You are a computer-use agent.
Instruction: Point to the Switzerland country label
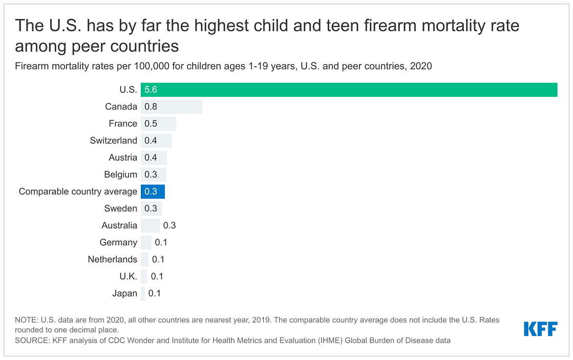click(114, 140)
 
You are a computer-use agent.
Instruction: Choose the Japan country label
click(125, 293)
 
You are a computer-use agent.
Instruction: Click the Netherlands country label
click(113, 259)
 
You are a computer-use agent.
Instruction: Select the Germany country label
click(119, 242)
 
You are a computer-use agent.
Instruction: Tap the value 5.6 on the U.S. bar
click(151, 90)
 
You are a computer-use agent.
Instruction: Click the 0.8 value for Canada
click(151, 107)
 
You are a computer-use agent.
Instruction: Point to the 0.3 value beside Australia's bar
click(169, 225)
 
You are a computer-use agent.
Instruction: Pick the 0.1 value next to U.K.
click(157, 277)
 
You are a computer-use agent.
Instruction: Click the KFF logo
click(540, 329)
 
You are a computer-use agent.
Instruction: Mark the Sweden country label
click(121, 208)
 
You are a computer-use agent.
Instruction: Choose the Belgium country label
click(121, 174)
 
